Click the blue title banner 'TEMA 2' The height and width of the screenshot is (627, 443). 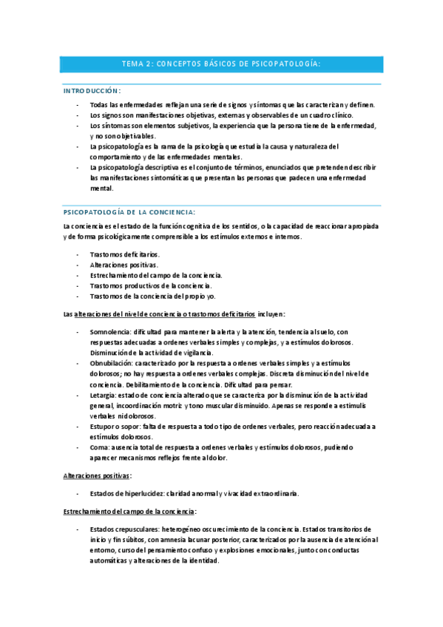point(221,64)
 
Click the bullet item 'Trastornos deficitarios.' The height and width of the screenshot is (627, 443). point(124,254)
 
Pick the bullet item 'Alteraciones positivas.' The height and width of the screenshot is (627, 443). point(124,264)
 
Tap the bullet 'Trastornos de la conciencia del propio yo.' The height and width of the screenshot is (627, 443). point(152,296)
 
